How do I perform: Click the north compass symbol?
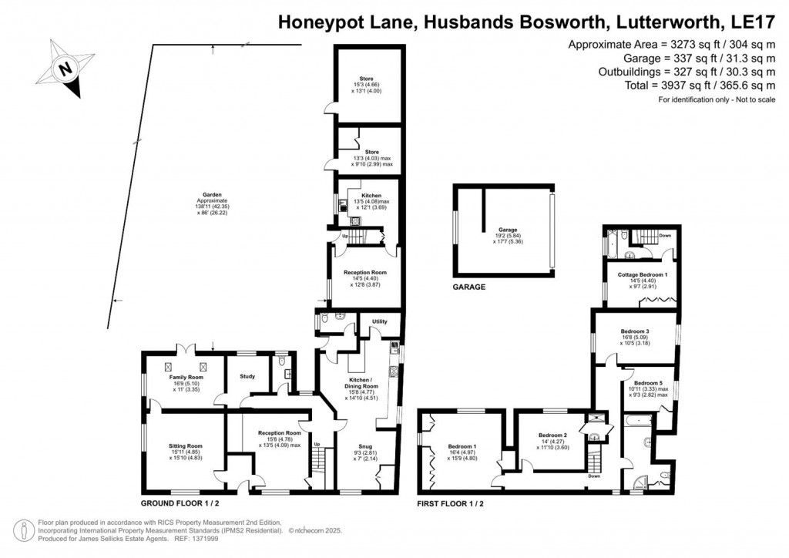click(x=65, y=70)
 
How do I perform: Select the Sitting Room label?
click(x=185, y=445)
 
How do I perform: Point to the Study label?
click(x=247, y=376)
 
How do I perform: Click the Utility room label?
click(x=381, y=321)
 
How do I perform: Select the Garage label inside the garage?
click(x=506, y=230)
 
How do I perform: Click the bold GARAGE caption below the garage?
click(x=468, y=287)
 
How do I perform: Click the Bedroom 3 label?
click(x=635, y=331)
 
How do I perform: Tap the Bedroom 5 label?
click(x=647, y=383)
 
